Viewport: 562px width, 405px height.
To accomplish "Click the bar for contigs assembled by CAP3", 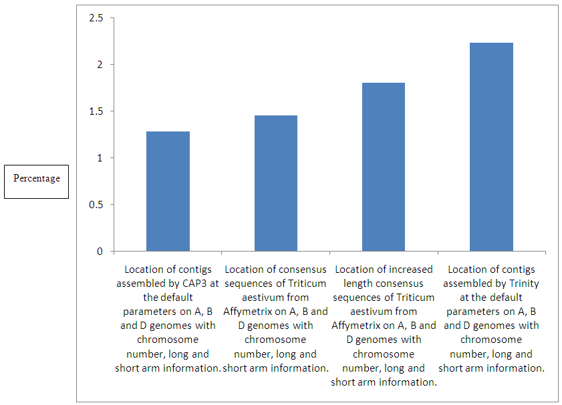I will click(x=168, y=191).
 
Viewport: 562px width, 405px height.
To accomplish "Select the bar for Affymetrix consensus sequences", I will click(x=276, y=183).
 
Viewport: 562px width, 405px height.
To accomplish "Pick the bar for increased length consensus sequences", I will click(x=384, y=167).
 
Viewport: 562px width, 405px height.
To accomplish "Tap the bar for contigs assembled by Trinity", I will click(x=491, y=147).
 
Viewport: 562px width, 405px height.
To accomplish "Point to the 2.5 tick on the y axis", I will click(x=96, y=18).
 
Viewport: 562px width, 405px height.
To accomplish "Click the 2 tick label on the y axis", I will click(x=100, y=65).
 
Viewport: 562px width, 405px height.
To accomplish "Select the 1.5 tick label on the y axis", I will click(x=96, y=111).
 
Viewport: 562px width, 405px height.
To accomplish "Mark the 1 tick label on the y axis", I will click(x=100, y=158).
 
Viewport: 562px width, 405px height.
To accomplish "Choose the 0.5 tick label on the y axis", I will click(x=96, y=205).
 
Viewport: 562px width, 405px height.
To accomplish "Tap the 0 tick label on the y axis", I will click(x=100, y=252).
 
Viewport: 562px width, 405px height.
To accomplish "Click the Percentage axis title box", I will click(x=37, y=179).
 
